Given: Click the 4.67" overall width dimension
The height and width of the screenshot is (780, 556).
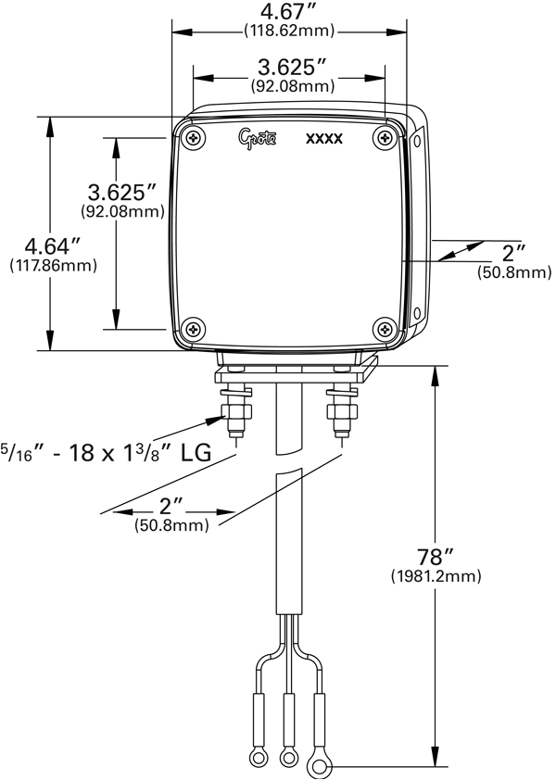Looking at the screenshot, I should point(288,13).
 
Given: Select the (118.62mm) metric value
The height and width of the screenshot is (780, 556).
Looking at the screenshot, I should point(288,31).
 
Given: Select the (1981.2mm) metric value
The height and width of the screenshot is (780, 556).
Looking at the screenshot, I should point(436,576).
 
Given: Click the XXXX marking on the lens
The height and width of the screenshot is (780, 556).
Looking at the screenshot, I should point(324,140).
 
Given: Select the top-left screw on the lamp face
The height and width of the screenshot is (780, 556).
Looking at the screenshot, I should point(193,138).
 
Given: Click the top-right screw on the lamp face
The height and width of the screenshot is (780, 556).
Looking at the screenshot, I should point(385,138).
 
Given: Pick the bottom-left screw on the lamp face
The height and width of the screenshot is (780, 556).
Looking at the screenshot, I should point(193,328).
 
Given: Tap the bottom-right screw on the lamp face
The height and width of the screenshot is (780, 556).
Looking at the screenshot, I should point(385,328).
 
